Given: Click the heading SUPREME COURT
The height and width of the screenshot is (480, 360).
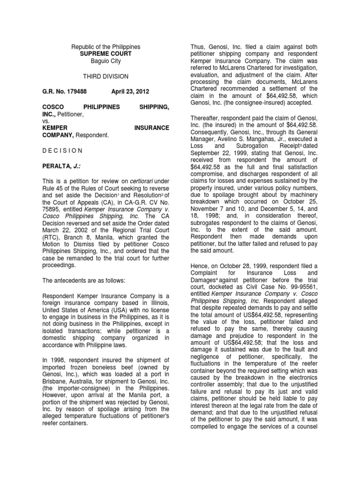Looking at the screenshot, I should click(x=105, y=54).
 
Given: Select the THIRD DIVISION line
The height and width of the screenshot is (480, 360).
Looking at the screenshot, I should click(x=105, y=76).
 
